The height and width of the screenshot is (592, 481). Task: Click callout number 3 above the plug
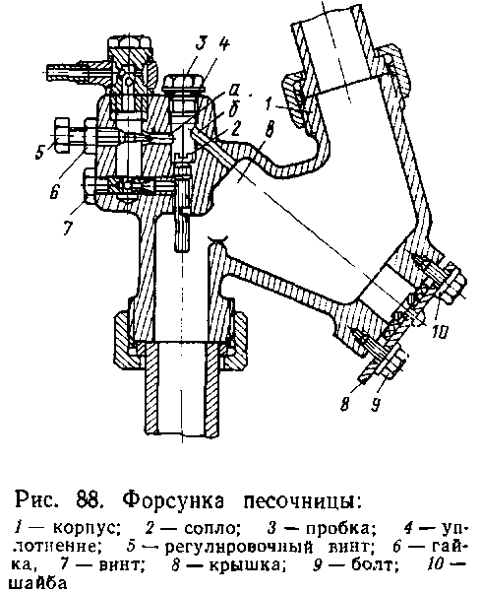point(202,44)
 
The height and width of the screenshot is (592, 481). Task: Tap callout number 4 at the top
point(223,45)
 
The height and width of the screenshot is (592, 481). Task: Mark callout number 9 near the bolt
point(375,405)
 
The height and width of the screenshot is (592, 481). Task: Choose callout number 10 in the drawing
point(439,332)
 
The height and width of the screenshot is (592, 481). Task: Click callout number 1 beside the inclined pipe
point(269,103)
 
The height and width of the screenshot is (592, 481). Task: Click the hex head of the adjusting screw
point(61,134)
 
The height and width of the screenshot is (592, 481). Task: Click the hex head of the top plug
point(185,83)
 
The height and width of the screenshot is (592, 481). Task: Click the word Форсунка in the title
point(173,502)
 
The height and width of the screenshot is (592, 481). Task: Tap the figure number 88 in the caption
point(88,499)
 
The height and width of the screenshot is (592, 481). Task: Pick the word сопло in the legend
point(211,528)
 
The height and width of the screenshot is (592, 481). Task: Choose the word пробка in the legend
point(340,528)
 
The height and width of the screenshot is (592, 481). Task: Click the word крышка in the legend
point(245,565)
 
